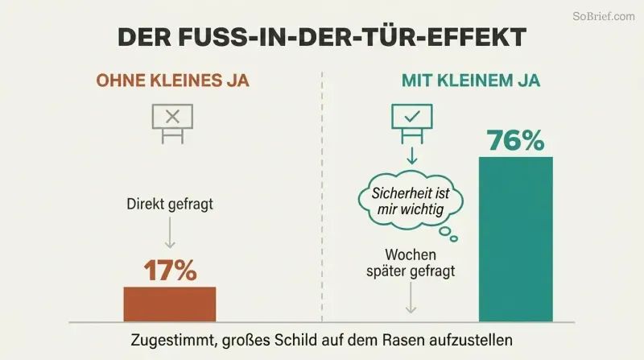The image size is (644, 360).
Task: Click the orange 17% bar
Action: (x=170, y=304)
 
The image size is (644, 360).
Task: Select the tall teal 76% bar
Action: (x=516, y=239)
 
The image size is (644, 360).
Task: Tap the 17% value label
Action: (x=171, y=271)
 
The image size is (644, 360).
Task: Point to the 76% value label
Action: (x=516, y=141)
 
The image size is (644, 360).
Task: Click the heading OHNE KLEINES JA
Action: (x=173, y=81)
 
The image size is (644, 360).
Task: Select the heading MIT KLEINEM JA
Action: (x=471, y=81)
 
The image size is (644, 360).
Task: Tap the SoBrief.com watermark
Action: (x=604, y=16)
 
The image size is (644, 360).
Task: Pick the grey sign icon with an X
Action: (x=172, y=124)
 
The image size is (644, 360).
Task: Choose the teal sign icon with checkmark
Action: (x=412, y=123)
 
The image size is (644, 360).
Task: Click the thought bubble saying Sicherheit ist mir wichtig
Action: (x=411, y=201)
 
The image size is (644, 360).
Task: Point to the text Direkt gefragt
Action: (x=170, y=205)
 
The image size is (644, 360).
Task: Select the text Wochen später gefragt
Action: (x=411, y=263)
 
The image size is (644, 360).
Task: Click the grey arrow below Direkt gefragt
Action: (x=170, y=233)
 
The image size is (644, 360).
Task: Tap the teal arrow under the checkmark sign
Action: (x=412, y=155)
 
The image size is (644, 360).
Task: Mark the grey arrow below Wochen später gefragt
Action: (x=411, y=298)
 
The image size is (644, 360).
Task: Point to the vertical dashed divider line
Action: (x=322, y=197)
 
